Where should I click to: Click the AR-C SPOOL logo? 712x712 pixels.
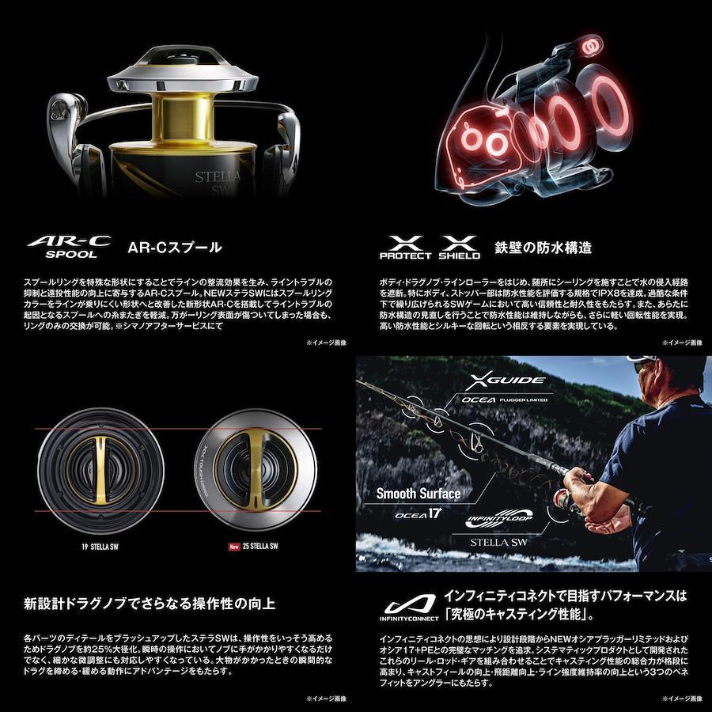coord(69,247)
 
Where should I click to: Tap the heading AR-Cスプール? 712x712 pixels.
coord(175,248)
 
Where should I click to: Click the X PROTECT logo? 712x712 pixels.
coord(406,248)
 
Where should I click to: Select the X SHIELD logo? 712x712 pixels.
coord(460,248)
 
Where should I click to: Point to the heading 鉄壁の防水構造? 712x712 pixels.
coord(543,248)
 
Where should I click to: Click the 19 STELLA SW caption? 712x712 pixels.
coord(100,547)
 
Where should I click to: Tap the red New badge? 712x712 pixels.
coord(234,547)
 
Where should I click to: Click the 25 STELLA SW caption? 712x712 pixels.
coord(260,546)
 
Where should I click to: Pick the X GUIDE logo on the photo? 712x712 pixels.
coord(505,381)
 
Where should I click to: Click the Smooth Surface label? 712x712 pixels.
coord(418,494)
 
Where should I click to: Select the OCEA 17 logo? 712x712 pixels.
coord(418,514)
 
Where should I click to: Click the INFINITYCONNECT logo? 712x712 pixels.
coord(410,608)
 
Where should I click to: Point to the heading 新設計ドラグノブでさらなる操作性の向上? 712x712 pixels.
coord(150,604)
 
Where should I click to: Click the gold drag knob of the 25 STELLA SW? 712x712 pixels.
coord(256,470)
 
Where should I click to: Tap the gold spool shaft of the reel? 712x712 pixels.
coord(184,118)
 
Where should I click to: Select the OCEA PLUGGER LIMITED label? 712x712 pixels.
coord(504,400)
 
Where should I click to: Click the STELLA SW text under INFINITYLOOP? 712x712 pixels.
coord(498,542)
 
